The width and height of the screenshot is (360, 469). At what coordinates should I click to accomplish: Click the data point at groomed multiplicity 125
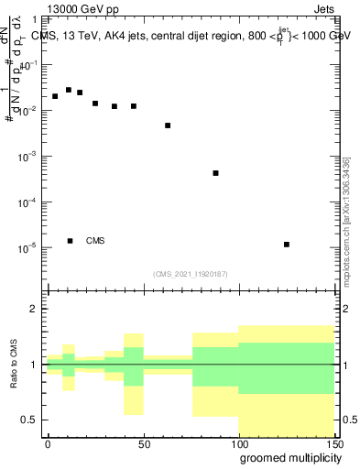(x=287, y=245)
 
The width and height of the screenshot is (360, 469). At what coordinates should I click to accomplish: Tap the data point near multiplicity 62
(x=168, y=125)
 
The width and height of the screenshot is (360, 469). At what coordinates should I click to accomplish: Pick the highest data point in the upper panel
(x=69, y=90)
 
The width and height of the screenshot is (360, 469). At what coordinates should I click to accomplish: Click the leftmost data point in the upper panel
(x=55, y=96)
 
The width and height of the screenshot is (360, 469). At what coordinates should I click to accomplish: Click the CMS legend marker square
(x=70, y=241)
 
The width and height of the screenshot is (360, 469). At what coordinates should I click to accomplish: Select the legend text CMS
(x=95, y=241)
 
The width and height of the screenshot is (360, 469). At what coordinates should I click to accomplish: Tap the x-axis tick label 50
(x=143, y=443)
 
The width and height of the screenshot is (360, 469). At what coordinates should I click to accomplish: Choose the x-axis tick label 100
(x=238, y=443)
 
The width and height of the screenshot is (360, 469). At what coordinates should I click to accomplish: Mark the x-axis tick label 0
(x=48, y=443)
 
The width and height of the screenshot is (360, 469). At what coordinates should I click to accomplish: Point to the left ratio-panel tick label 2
(x=36, y=310)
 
